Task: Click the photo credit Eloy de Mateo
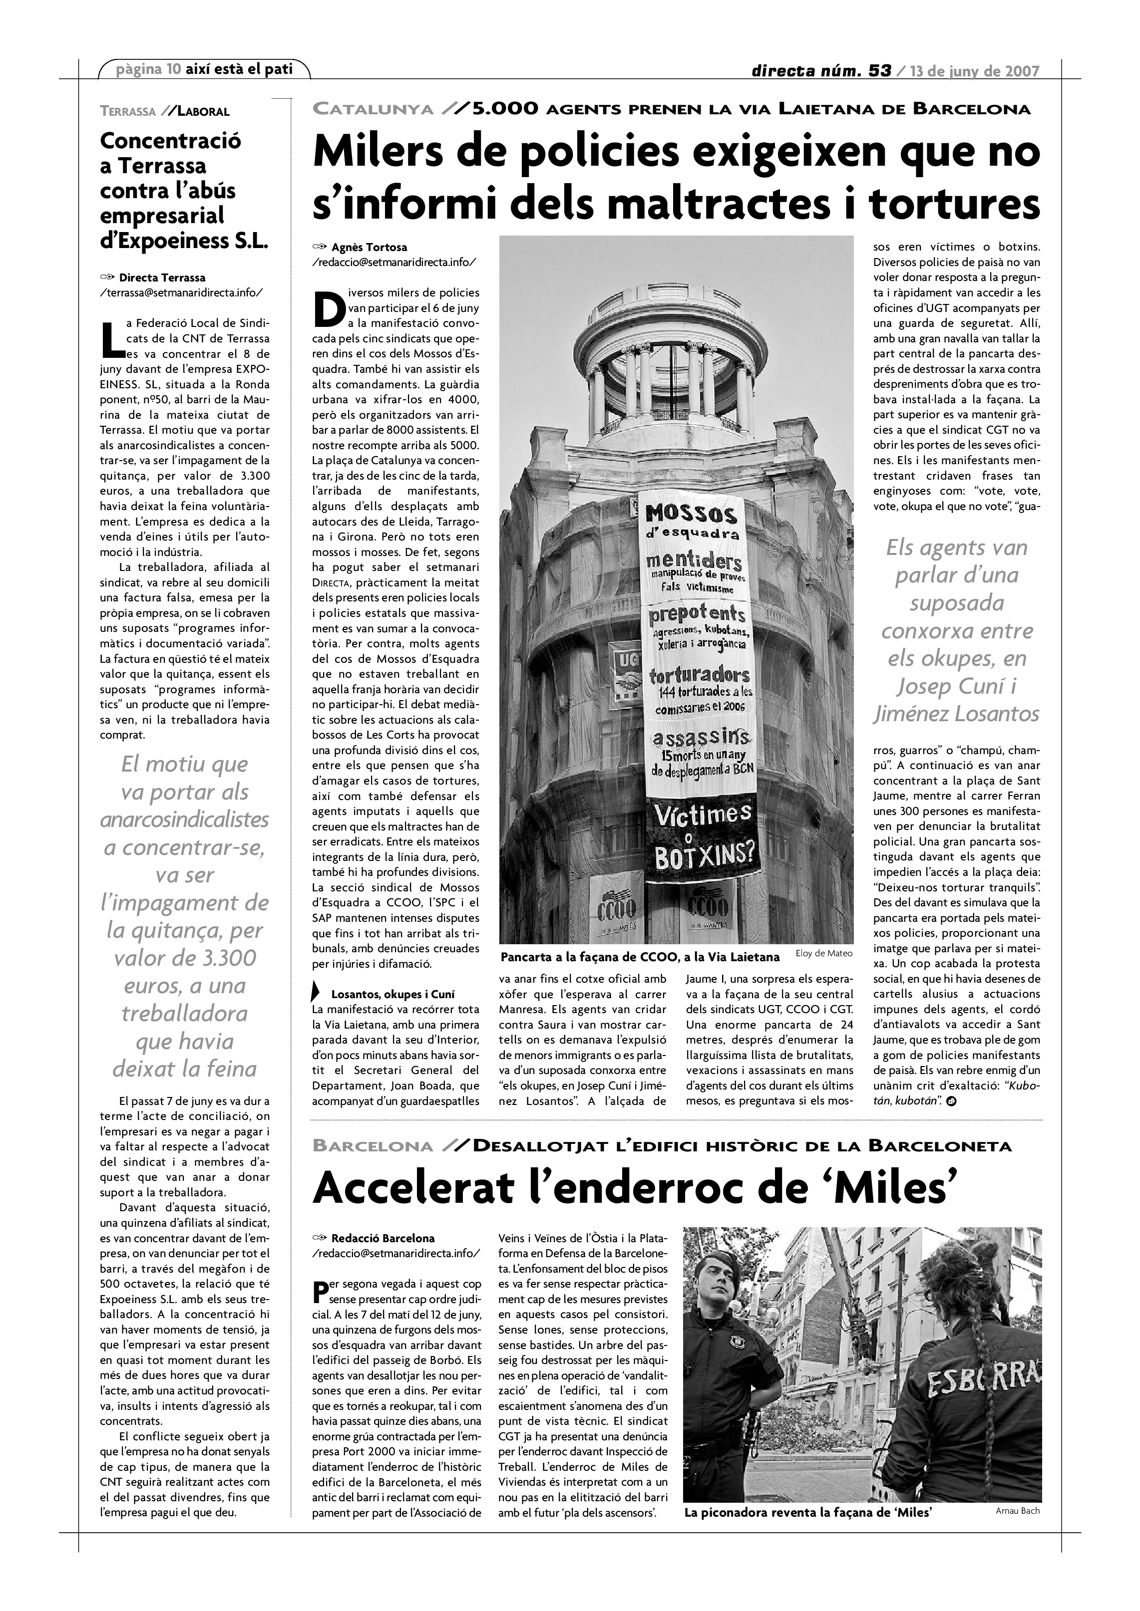(824, 953)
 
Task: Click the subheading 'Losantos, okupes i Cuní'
(392, 994)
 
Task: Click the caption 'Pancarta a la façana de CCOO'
(640, 957)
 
